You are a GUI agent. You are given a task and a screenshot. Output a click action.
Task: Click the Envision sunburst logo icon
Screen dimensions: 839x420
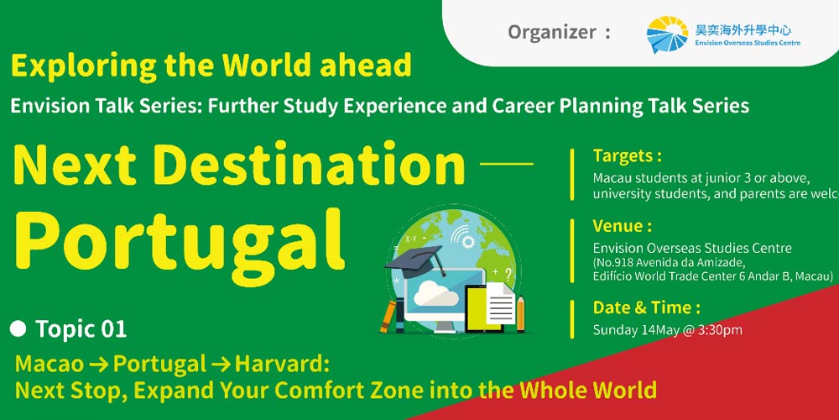coord(667,34)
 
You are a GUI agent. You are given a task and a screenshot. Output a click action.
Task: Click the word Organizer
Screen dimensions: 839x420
coord(551,32)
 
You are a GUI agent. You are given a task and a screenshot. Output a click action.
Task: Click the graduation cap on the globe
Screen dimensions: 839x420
coord(416,262)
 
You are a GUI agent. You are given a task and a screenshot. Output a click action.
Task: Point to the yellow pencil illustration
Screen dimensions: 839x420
coord(520,313)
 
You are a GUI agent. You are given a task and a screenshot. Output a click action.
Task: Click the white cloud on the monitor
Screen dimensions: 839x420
coord(435,293)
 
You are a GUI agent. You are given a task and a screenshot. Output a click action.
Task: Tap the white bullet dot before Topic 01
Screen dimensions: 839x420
coord(18,329)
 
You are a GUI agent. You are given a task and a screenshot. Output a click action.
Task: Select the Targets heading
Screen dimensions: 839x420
coord(627,156)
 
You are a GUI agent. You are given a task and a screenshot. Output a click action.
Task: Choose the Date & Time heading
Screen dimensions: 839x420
coord(646,307)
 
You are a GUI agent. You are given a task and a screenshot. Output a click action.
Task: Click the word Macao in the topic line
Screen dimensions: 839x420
coord(50,365)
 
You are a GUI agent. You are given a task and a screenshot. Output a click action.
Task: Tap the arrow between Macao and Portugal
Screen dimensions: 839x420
coord(99,365)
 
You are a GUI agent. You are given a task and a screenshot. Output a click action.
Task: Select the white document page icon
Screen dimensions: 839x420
coord(500,304)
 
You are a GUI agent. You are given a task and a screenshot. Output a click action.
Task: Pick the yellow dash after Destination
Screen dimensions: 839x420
coord(507,164)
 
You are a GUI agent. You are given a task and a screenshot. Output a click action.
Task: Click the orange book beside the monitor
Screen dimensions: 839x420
coord(388,317)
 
